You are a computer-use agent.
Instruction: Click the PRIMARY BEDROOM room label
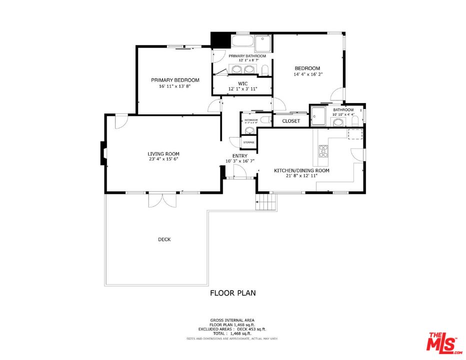(x=175, y=80)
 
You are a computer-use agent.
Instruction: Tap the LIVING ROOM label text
(x=163, y=154)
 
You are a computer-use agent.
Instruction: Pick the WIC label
(x=242, y=83)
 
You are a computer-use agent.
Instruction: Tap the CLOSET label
(x=291, y=121)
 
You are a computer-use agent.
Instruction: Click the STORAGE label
(x=248, y=142)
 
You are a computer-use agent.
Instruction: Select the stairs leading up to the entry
(x=266, y=202)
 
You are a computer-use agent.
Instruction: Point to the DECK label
(x=164, y=239)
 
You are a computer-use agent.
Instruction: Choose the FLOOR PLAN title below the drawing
(x=232, y=293)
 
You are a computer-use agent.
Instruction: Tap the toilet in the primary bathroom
(x=266, y=68)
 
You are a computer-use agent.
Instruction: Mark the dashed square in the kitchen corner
(x=355, y=133)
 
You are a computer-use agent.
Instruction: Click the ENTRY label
(x=233, y=156)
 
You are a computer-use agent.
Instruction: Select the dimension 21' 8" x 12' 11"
(x=301, y=176)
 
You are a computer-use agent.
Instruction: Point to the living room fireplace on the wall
(x=103, y=153)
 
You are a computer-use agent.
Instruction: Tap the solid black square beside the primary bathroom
(x=218, y=39)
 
